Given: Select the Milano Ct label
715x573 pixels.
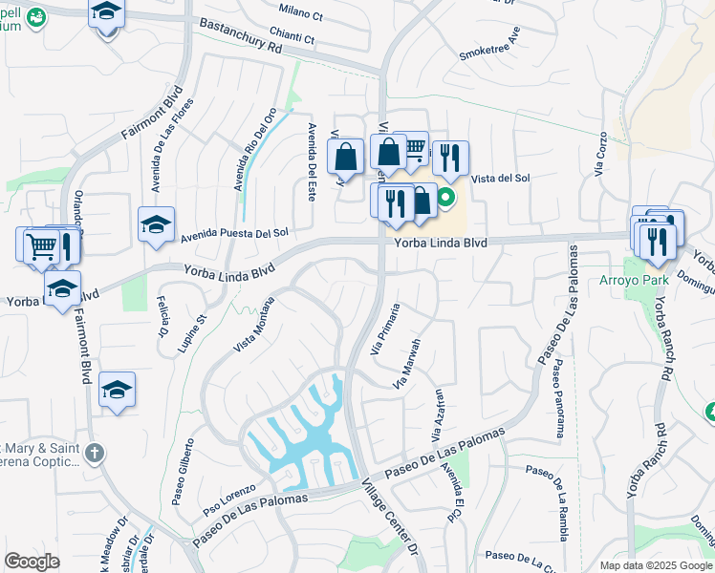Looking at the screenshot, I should tap(302, 9).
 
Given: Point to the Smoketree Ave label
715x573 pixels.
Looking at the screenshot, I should tap(490, 42).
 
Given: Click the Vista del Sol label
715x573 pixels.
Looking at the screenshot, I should tap(502, 178).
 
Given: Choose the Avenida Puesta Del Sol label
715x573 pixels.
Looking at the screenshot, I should tap(234, 232).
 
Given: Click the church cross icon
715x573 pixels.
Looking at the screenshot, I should tap(93, 452).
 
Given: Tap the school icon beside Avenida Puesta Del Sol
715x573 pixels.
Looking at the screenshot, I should tap(156, 224).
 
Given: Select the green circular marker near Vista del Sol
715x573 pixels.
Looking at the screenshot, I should tap(445, 200).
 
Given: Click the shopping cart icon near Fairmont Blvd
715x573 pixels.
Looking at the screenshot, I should tap(40, 245).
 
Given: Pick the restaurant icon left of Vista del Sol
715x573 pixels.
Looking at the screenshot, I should tap(450, 156).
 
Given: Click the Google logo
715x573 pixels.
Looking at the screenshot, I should tap(32, 562).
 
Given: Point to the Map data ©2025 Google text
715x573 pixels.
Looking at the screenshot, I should tap(655, 565).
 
